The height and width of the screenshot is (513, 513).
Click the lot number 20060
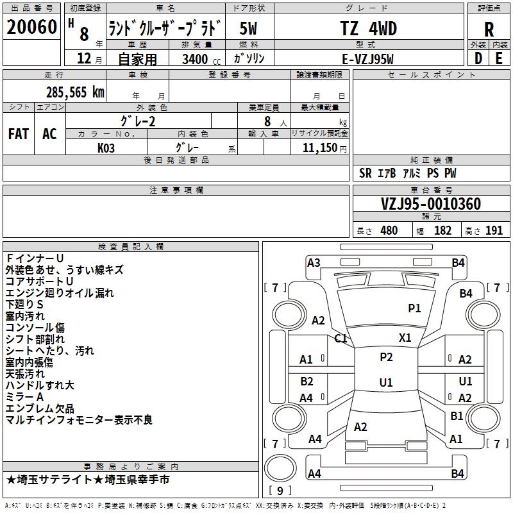[x=31, y=27]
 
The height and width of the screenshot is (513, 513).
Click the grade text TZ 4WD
[x=368, y=28]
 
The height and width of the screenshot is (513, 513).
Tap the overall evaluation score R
[x=489, y=29]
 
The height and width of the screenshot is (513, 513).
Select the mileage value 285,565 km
[x=75, y=92]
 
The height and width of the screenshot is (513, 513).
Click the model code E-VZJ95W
[x=367, y=59]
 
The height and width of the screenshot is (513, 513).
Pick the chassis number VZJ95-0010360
[x=431, y=204]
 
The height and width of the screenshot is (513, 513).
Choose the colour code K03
[x=106, y=148]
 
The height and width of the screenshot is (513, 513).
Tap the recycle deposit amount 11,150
[x=319, y=147]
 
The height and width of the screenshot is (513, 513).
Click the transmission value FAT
[x=19, y=134]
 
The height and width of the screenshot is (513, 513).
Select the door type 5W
[x=248, y=28]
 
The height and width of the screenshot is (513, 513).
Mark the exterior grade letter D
[x=478, y=58]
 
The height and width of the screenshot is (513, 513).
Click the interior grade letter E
[x=499, y=58]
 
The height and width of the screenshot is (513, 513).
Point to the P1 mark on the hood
[x=414, y=308]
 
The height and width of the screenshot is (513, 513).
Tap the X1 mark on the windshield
[x=405, y=337]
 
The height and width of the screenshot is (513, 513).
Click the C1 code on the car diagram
[x=341, y=338]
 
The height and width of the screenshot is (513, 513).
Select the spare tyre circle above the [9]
[x=280, y=468]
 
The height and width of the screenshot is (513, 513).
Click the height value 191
[x=494, y=230]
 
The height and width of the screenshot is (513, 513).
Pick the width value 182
[x=442, y=230]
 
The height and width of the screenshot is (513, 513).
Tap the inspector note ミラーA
[x=24, y=397]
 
